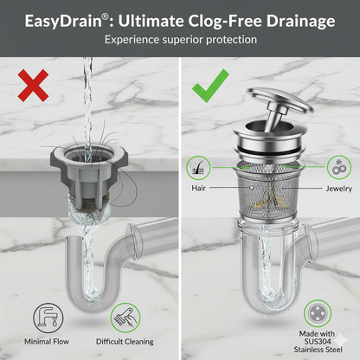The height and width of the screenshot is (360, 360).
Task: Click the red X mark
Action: (x=33, y=86)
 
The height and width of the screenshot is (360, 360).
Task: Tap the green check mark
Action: (x=210, y=87)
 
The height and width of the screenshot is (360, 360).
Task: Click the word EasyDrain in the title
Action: (x=63, y=22)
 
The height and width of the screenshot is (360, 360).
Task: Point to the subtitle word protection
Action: (x=231, y=40)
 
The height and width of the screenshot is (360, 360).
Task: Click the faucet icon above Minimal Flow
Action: (x=48, y=318)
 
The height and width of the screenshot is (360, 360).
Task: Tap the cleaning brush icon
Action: (x=125, y=318)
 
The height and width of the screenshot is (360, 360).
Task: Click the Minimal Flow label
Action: (x=47, y=342)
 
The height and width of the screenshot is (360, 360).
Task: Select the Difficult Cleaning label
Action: (x=125, y=342)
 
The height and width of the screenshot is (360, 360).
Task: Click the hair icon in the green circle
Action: (x=198, y=168)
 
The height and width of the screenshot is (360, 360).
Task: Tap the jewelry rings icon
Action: (x=339, y=167)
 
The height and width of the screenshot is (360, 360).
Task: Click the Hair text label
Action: (x=199, y=188)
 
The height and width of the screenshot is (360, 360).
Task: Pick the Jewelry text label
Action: (x=339, y=189)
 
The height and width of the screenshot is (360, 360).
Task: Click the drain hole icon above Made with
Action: (x=318, y=313)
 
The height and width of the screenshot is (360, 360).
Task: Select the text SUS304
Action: (x=318, y=342)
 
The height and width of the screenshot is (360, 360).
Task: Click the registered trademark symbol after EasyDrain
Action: (x=106, y=16)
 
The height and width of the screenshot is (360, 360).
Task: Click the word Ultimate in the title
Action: (x=151, y=22)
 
